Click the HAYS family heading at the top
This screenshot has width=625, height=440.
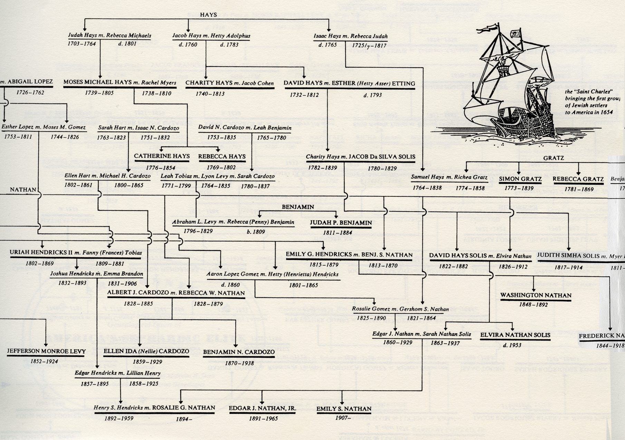208,15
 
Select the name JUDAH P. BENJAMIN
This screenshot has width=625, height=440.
340,223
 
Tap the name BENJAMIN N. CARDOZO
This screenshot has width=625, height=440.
239,352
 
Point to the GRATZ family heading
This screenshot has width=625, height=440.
554,158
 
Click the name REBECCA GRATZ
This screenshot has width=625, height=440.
578,179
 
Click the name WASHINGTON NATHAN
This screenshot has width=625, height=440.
536,295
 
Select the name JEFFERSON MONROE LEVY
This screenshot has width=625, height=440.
46,352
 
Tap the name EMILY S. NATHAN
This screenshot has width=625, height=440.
344,409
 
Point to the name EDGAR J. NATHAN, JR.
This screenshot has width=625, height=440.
262,409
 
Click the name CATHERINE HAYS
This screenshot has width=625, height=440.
162,156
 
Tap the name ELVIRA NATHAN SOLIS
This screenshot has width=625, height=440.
515,335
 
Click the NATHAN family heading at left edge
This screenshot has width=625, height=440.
23,190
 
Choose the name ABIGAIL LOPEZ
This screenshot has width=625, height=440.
30,82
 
